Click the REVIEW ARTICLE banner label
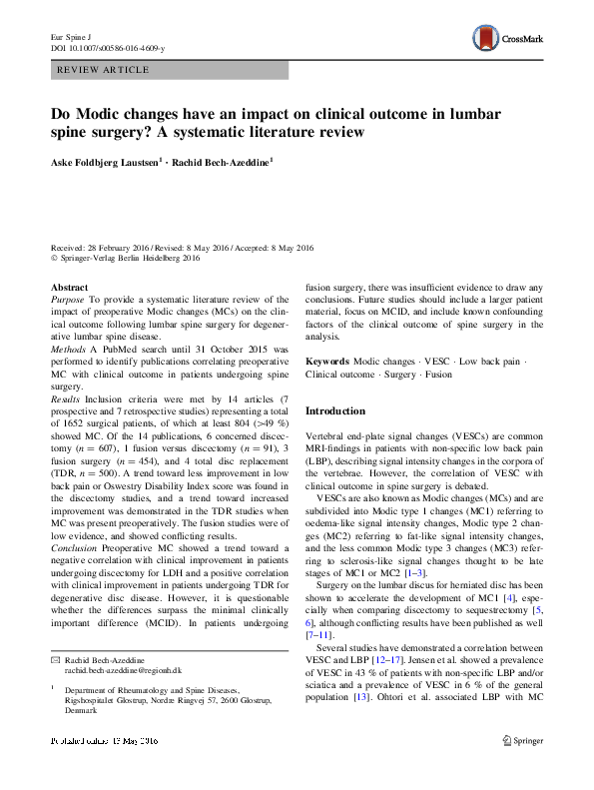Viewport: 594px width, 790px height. pyautogui.click(x=105, y=70)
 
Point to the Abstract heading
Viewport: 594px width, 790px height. pyautogui.click(x=69, y=287)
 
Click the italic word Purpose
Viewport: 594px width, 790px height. pyautogui.click(x=68, y=299)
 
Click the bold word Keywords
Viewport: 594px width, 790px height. pyautogui.click(x=327, y=361)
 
